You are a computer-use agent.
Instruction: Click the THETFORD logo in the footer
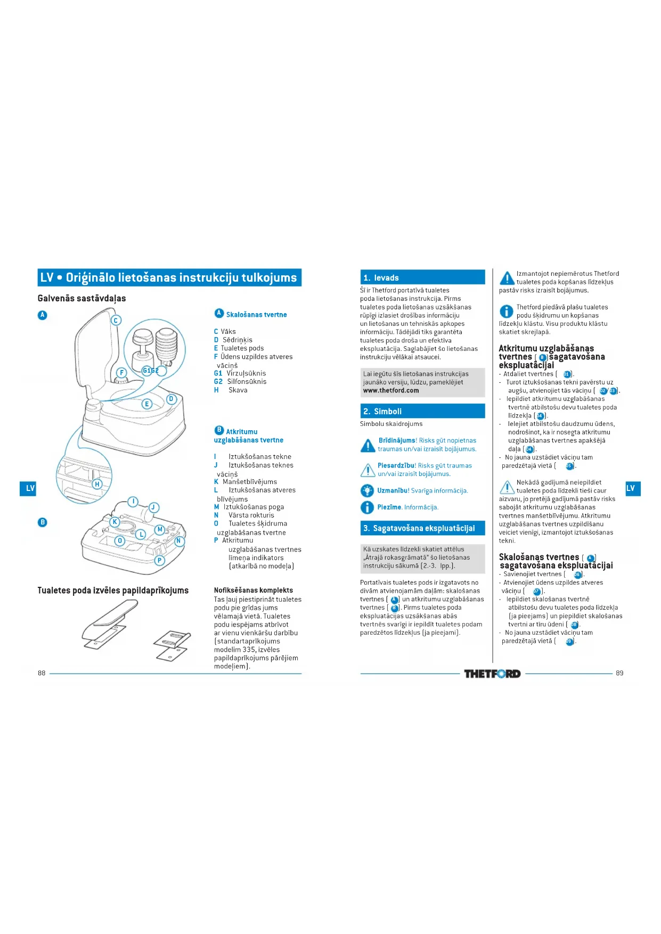click(492, 674)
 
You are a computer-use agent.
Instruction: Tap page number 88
click(42, 673)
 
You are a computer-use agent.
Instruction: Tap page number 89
click(619, 673)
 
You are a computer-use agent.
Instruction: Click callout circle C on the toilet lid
click(116, 320)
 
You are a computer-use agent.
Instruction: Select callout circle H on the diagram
click(97, 484)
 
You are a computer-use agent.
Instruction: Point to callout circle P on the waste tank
click(159, 560)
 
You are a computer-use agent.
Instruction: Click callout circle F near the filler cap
click(121, 373)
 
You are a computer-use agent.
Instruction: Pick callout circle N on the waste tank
click(179, 541)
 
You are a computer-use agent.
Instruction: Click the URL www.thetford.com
click(391, 390)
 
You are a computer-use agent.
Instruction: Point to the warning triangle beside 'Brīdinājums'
click(368, 445)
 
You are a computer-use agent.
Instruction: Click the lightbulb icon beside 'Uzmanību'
click(367, 490)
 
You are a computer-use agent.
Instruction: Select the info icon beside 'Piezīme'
click(367, 507)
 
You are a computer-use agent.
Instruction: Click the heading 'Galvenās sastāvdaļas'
click(81, 298)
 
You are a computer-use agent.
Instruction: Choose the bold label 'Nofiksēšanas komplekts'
click(254, 590)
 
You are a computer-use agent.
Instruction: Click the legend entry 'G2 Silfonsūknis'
click(240, 381)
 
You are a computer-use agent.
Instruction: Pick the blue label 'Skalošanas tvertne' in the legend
click(256, 315)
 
